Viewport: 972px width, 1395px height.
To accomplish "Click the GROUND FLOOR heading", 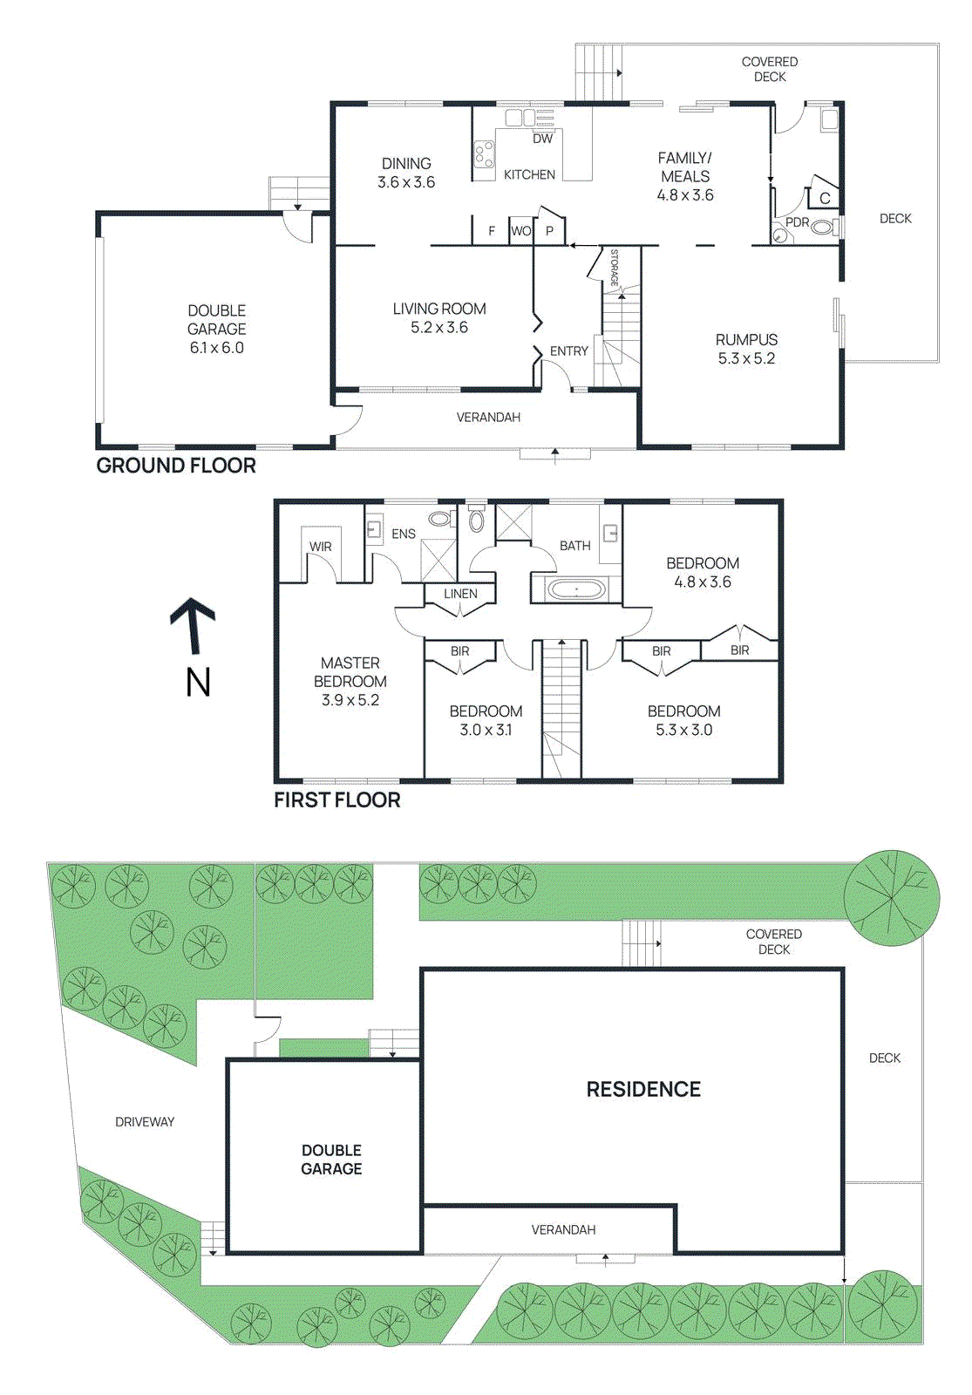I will tap(176, 466).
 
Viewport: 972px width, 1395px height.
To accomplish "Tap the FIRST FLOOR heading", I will tap(336, 800).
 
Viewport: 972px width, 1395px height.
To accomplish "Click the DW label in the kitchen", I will tap(542, 139).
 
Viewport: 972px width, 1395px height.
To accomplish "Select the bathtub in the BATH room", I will tap(575, 590).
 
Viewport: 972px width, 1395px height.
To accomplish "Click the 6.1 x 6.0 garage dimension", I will tap(216, 347).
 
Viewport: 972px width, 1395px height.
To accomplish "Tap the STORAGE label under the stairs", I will tap(614, 268).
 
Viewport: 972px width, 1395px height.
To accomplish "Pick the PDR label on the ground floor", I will tap(797, 222).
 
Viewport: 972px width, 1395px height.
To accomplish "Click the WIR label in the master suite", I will tap(320, 547).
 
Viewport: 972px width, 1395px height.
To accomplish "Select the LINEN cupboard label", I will tap(460, 594).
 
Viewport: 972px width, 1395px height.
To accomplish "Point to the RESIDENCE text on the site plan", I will tap(643, 1089).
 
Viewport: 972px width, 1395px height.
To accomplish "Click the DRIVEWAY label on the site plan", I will tap(145, 1122).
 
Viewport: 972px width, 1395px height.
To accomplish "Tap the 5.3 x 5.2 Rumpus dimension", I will tap(746, 358).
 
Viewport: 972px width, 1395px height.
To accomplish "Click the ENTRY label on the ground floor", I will tap(568, 350).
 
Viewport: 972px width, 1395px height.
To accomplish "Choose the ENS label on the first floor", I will tap(404, 534).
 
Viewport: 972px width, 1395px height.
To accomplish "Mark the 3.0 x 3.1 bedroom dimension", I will tap(486, 730).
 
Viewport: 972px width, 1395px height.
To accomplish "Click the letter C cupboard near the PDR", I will tap(824, 199).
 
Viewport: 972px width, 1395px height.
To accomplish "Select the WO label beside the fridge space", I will tap(521, 231).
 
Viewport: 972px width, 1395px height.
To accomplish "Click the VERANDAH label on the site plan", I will tap(563, 1229).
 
